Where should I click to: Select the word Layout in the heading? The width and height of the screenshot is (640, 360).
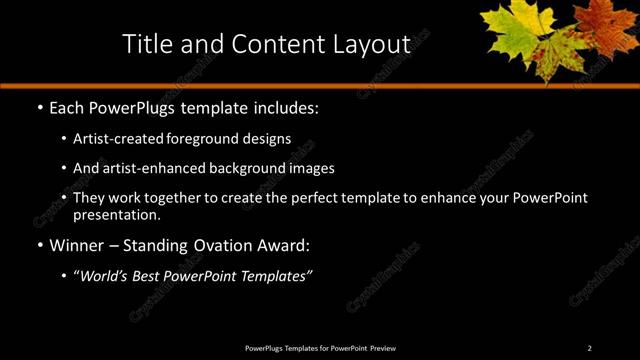374,44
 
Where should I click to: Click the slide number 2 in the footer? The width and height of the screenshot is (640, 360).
589,347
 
